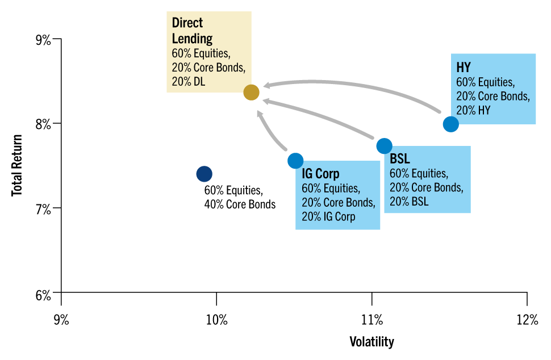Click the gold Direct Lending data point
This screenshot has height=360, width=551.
251,92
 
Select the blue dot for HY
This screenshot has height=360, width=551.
450,124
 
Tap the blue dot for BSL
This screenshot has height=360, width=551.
384,146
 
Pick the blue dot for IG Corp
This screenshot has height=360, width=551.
295,161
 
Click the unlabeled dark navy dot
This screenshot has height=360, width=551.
204,174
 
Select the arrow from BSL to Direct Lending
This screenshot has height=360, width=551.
318,116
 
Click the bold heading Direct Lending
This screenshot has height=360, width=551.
192,31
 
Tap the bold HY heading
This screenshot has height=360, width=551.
464,68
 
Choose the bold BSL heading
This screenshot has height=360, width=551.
400,159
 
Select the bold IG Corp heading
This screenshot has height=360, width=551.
320,174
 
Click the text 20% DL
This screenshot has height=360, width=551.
189,82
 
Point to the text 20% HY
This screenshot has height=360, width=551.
473,111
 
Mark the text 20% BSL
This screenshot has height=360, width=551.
409,202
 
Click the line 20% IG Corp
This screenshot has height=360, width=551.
328,216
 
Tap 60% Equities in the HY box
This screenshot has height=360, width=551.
485,82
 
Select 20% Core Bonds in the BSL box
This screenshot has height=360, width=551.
426,187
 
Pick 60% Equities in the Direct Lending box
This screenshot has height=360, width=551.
201,54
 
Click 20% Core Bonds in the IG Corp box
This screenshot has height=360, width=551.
338,202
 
